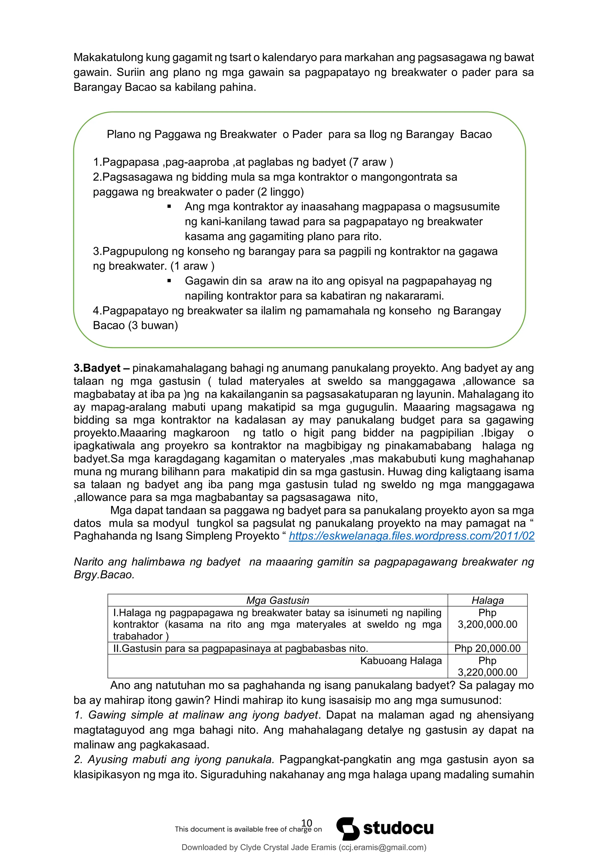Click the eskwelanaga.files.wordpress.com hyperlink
(411, 536)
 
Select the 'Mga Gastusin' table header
(277, 601)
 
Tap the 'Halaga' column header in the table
(487, 601)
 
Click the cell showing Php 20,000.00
(487, 648)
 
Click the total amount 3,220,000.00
(487, 672)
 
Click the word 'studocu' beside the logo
(398, 828)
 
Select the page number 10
(307, 823)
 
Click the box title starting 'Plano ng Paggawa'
(299, 134)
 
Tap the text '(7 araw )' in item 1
(370, 162)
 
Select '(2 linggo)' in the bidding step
(281, 192)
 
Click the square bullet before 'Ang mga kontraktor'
(169, 207)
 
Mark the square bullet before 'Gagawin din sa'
(169, 281)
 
